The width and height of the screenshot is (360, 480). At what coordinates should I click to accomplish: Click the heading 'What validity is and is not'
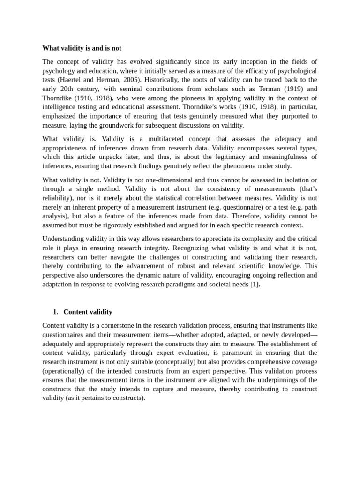[82, 48]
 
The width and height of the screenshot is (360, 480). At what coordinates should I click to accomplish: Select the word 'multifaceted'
[163, 139]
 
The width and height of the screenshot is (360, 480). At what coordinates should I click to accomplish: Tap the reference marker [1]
[254, 284]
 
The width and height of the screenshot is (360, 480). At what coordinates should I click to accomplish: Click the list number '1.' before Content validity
[55, 312]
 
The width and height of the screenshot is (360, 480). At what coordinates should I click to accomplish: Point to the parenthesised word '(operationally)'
[65, 371]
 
